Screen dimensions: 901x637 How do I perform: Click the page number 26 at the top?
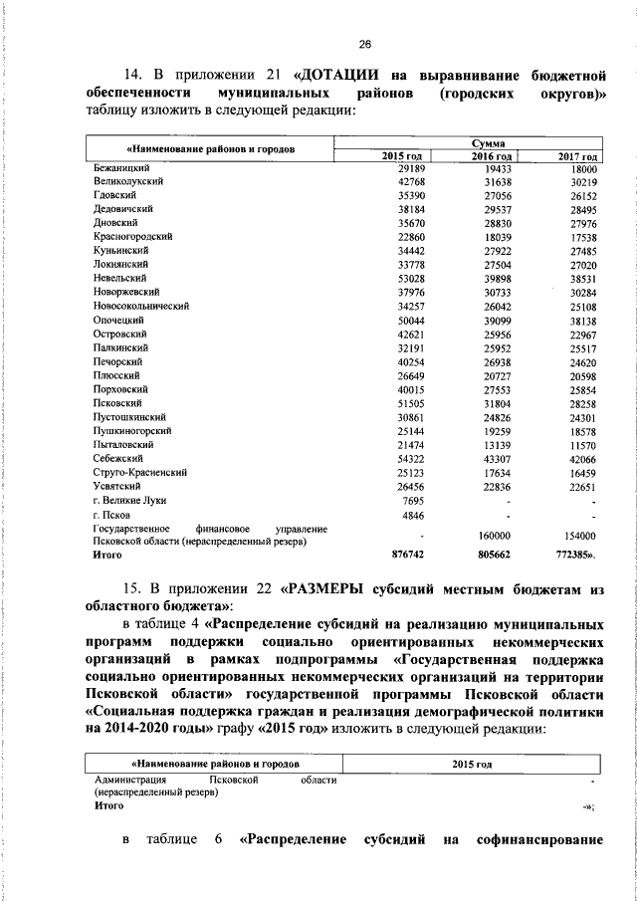pos(364,43)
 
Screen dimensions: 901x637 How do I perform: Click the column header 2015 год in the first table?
pos(403,157)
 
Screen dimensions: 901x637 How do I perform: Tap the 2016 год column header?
pos(491,157)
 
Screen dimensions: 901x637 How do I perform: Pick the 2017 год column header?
pos(577,157)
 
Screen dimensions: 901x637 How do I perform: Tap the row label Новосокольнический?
pos(141,308)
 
